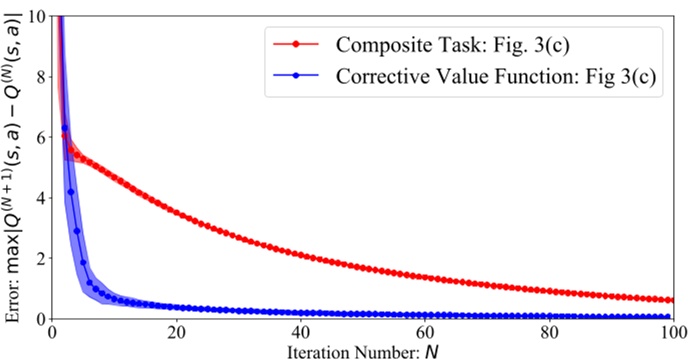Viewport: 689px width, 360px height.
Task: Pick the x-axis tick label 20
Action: coord(176,332)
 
